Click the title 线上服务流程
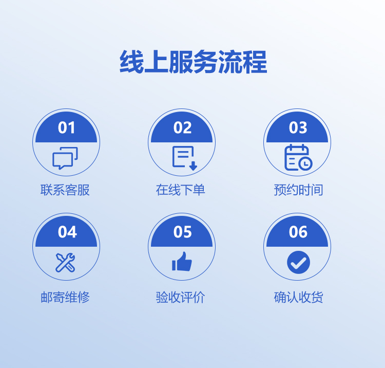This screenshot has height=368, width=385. [193, 62]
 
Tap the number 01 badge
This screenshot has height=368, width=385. [66, 127]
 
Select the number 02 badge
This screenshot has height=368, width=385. [182, 127]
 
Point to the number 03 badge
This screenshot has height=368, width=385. [297, 127]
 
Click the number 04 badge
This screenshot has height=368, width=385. [66, 232]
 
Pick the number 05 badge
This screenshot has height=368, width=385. [182, 232]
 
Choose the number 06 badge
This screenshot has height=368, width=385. [297, 232]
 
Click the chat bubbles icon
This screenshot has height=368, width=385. [65, 158]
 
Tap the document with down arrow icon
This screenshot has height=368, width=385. [185, 158]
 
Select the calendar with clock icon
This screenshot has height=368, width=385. [298, 157]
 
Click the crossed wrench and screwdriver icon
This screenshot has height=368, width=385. [65, 263]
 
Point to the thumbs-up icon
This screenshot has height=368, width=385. [182, 261]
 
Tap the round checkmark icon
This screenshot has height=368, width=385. [298, 262]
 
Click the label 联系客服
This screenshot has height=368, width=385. [65, 190]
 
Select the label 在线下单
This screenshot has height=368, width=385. [181, 190]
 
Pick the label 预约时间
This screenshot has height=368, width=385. [298, 190]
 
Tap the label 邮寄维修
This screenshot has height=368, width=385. [65, 297]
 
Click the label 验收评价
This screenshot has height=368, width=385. [181, 297]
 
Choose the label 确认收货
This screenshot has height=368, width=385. [298, 297]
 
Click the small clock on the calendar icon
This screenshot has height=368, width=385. [305, 163]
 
